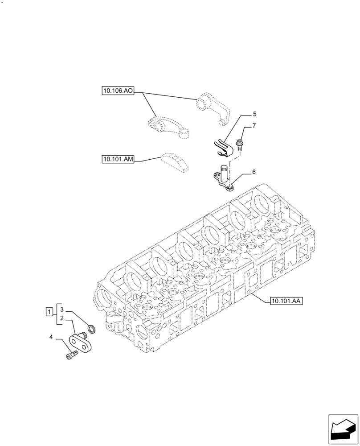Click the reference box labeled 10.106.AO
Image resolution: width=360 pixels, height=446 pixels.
click(x=117, y=91)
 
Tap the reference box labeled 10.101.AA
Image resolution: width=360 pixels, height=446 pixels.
click(x=286, y=301)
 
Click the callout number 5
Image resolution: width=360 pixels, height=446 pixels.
click(x=254, y=114)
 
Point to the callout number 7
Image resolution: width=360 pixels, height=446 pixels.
click(x=254, y=126)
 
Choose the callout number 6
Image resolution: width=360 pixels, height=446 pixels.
click(x=254, y=172)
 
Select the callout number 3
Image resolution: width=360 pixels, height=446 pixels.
click(x=63, y=309)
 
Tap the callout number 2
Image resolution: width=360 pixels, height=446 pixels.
click(x=63, y=318)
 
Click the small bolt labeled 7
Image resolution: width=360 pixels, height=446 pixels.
click(x=240, y=144)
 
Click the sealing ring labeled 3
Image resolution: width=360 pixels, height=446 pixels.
click(x=92, y=330)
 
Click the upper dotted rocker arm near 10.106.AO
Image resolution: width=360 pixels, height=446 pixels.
click(x=213, y=107)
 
